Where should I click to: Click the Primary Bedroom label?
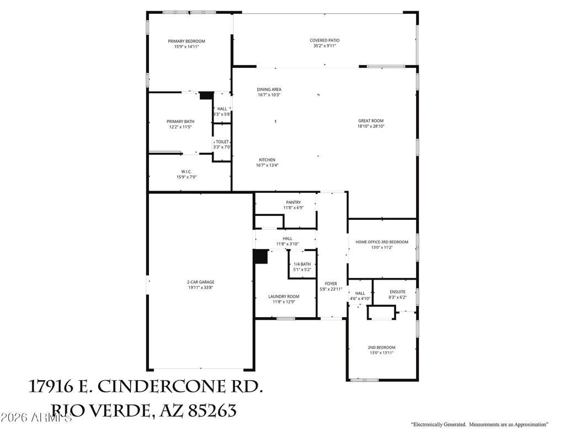click(186, 41)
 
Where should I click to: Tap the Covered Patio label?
click(324, 40)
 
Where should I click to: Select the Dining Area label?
click(269, 89)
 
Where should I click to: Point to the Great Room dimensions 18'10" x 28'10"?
click(370, 127)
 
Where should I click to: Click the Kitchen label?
click(267, 160)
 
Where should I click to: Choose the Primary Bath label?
click(180, 122)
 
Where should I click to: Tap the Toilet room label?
click(222, 142)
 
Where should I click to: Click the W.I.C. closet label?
click(186, 171)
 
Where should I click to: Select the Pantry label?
click(293, 202)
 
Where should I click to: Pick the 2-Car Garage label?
click(200, 282)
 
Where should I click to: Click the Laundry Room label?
click(284, 297)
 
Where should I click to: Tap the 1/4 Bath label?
click(302, 264)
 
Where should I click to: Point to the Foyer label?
click(331, 284)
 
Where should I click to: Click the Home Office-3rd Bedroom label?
click(382, 242)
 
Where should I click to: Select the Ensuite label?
click(397, 292)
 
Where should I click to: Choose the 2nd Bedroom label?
click(381, 348)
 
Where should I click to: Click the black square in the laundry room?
click(260, 257)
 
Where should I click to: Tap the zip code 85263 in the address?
click(212, 410)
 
